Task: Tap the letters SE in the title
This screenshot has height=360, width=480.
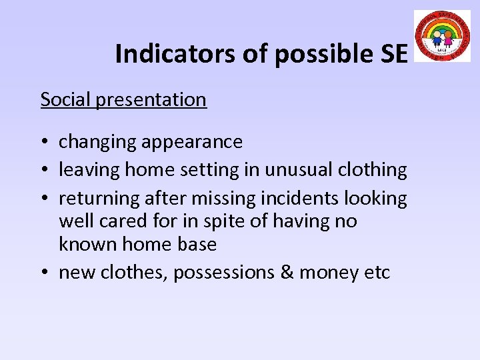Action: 391,54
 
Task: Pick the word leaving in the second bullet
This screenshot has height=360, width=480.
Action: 89,170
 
